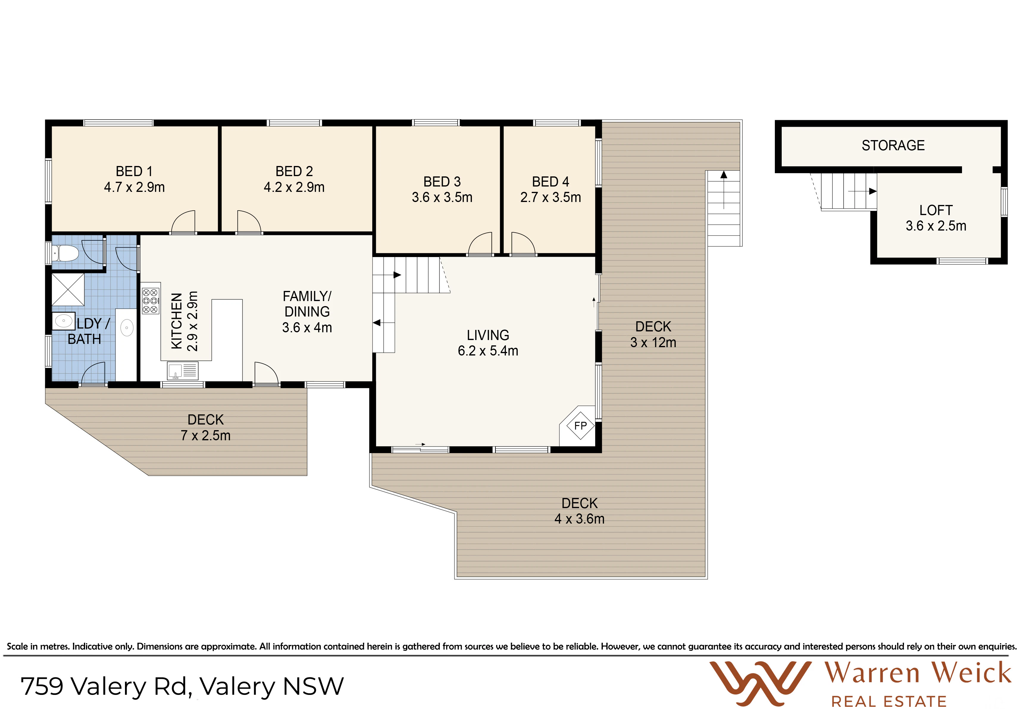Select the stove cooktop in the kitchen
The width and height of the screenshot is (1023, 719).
click(150, 301)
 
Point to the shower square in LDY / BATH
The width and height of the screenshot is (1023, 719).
click(68, 289)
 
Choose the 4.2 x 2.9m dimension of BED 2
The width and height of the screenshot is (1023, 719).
click(294, 187)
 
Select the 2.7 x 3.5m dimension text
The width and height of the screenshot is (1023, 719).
click(551, 197)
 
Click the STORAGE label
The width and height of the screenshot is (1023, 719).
click(893, 145)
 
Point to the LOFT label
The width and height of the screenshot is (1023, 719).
click(936, 210)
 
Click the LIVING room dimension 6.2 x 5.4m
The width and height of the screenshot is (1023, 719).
click(488, 351)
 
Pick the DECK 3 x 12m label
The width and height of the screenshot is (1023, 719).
click(653, 335)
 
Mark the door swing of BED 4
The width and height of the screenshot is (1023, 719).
click(523, 244)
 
